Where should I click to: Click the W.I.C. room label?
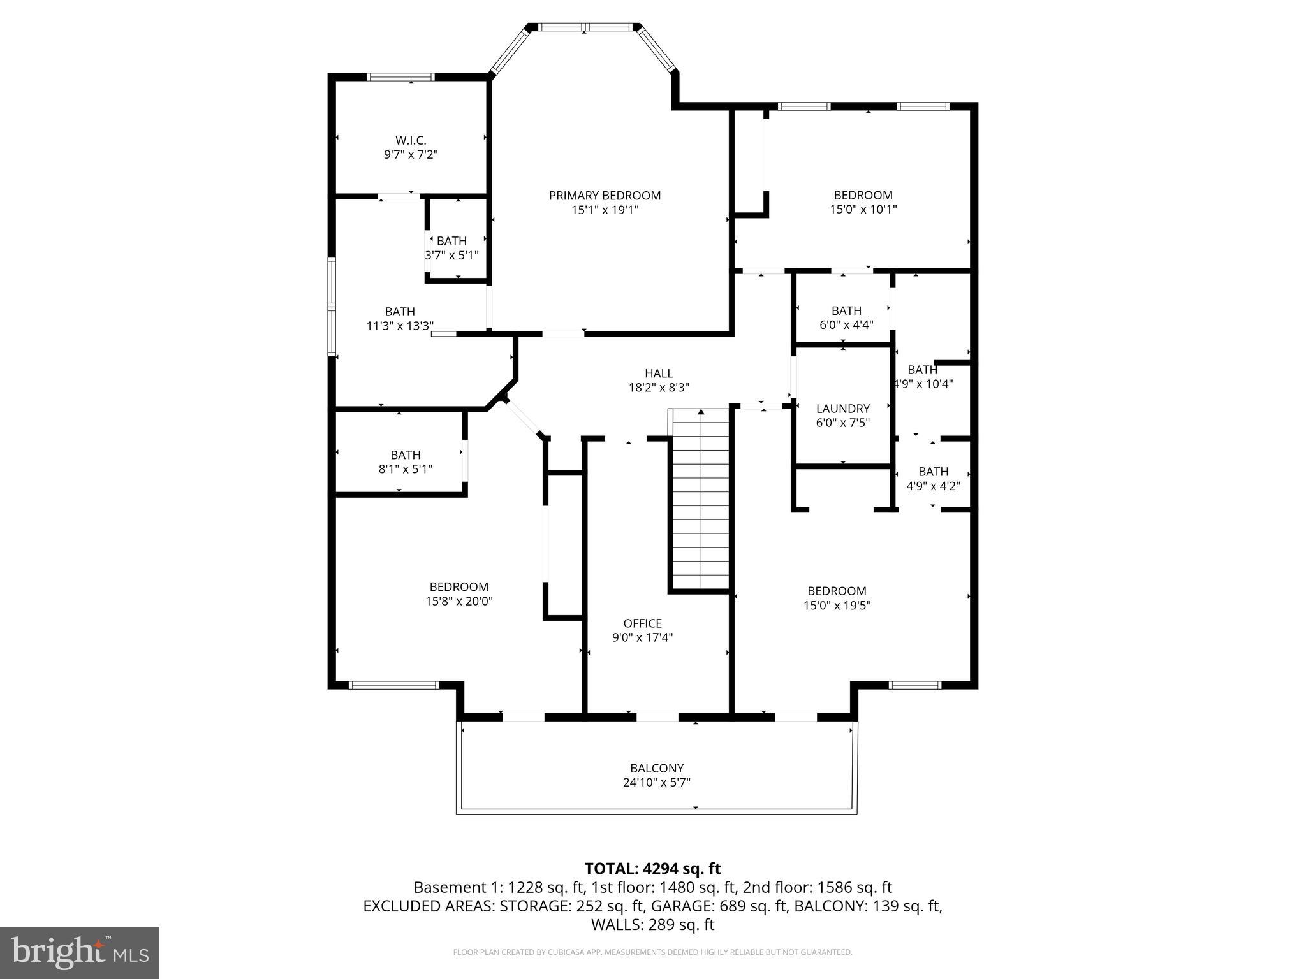[410, 140]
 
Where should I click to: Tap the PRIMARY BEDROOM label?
[605, 196]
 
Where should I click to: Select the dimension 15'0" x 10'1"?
[863, 210]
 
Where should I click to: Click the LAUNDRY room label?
[842, 409]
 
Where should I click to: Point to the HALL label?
[658, 373]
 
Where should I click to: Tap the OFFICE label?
[642, 623]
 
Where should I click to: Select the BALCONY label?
[656, 768]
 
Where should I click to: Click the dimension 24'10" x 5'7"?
[656, 783]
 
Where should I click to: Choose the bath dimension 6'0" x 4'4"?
[846, 324]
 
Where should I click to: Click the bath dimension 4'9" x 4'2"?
[933, 486]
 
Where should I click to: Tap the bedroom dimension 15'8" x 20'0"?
[459, 601]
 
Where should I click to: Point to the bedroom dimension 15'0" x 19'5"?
[837, 606]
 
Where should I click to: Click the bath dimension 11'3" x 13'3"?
[400, 326]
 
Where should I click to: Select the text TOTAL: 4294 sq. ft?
[652, 868]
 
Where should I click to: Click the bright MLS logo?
[80, 952]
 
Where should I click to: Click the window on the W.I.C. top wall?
[400, 77]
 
